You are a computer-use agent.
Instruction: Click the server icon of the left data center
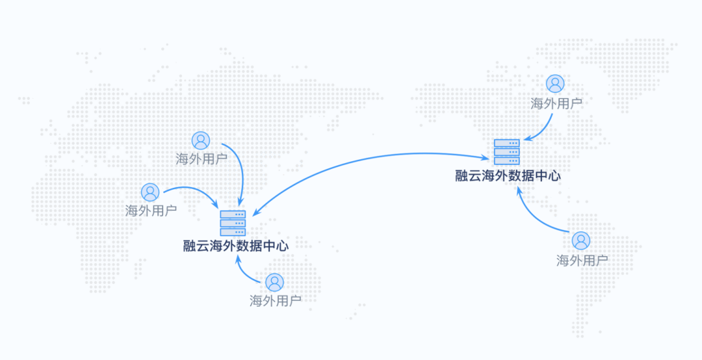[x=233, y=223]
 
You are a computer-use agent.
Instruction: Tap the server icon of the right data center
[x=506, y=152]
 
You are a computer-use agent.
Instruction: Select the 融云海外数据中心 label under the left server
[x=236, y=246]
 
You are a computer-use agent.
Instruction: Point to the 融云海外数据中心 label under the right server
[x=508, y=175]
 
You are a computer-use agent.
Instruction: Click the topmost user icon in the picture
[x=555, y=83]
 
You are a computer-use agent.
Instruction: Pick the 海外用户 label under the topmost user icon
[x=556, y=103]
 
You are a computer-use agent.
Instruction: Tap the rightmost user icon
[x=581, y=241]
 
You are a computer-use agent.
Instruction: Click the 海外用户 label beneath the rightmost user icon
[x=582, y=261]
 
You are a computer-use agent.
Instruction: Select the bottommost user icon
[x=275, y=282]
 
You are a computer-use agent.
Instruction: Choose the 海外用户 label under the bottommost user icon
[x=276, y=301]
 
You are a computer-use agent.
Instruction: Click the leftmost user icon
[x=150, y=192]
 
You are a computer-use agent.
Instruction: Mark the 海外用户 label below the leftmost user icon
[x=151, y=211]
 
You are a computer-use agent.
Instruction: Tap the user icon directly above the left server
[x=201, y=140]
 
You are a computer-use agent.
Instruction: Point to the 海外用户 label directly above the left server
[x=201, y=159]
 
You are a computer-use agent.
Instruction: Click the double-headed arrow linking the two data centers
[x=364, y=160]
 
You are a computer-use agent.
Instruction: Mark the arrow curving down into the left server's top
[x=240, y=169]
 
